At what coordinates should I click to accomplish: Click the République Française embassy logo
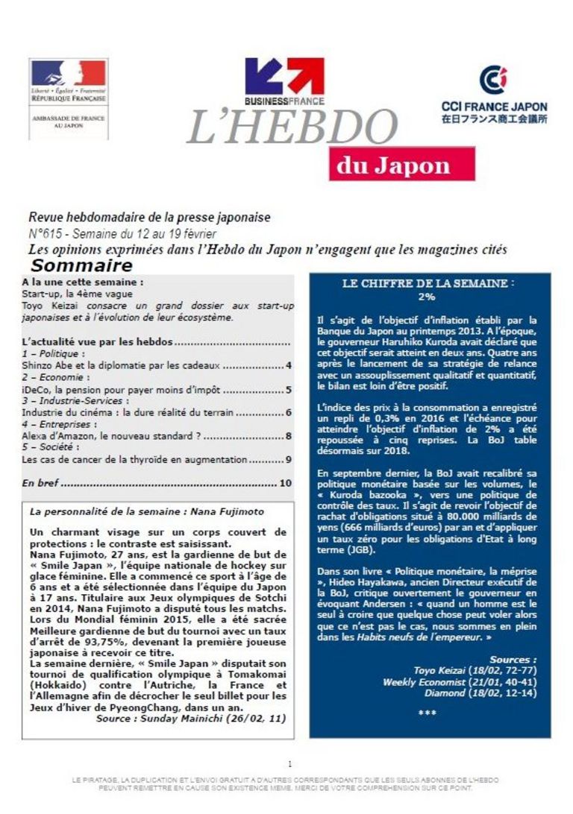pos(68,98)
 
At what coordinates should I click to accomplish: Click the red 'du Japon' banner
pos(392,165)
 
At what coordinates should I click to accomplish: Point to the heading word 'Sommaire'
pos(81,266)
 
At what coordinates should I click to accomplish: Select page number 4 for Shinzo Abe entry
pos(288,366)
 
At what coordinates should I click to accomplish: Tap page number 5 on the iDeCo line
pos(288,389)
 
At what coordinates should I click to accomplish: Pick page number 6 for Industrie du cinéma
pos(288,412)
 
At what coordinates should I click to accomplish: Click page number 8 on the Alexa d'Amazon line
pos(288,436)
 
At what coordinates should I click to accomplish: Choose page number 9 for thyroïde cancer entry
pos(288,460)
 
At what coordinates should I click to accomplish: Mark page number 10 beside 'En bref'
pos(285,484)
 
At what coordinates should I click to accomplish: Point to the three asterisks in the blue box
pos(427,713)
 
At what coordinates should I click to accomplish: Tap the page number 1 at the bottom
pos(289,763)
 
